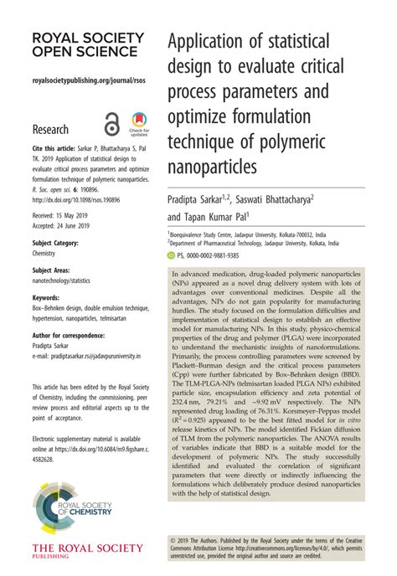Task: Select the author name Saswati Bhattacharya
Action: [274, 200]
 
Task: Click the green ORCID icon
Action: [171, 255]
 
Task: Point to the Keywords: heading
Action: [45, 297]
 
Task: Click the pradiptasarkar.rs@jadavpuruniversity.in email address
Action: [86, 355]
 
